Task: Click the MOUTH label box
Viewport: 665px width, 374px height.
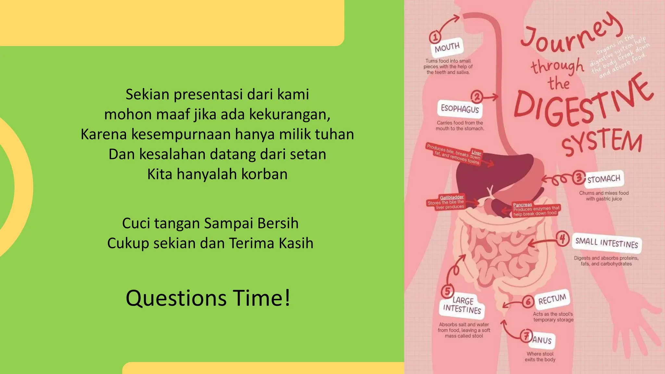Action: (447, 47)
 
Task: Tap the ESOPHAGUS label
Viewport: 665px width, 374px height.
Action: (460, 109)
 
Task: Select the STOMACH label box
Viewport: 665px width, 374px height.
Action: (604, 179)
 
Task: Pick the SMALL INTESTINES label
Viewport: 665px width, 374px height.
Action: (607, 243)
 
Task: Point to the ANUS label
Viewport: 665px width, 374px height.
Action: (542, 340)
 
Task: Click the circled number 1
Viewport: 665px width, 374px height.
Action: (435, 37)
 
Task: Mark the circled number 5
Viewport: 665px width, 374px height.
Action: (447, 291)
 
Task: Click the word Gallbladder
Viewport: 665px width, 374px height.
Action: (452, 197)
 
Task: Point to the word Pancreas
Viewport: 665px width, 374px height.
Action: (522, 205)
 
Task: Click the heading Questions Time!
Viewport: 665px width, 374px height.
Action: (208, 298)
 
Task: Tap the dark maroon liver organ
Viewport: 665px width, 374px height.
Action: (481, 175)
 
